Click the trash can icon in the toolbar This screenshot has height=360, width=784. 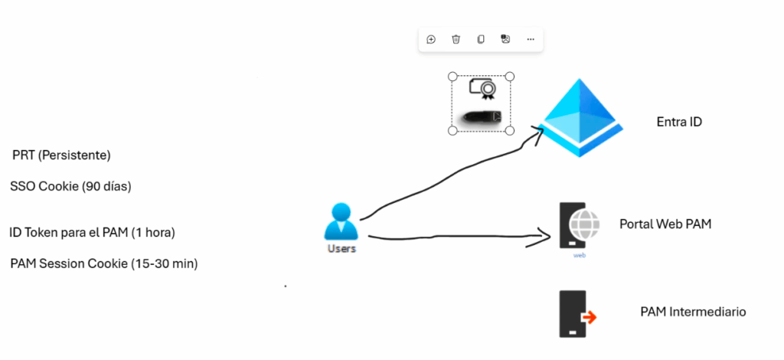pyautogui.click(x=456, y=40)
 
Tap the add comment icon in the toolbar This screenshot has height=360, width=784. pyautogui.click(x=431, y=40)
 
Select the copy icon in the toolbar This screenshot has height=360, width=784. pyautogui.click(x=481, y=40)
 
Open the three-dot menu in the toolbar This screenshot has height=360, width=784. pyautogui.click(x=530, y=40)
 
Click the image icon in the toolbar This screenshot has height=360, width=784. pyautogui.click(x=505, y=40)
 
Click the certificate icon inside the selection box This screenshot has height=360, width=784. pyautogui.click(x=482, y=90)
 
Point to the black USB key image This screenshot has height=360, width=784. pyautogui.click(x=481, y=117)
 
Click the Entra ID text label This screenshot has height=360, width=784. pyautogui.click(x=679, y=122)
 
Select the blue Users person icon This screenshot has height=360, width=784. pyautogui.click(x=341, y=222)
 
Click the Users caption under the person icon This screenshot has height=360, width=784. pyautogui.click(x=341, y=249)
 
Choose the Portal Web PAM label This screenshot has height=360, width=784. pyautogui.click(x=666, y=224)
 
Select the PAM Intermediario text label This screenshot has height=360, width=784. pyautogui.click(x=692, y=312)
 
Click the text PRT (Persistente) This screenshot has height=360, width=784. pyautogui.click(x=61, y=155)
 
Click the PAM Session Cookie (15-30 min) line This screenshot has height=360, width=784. pyautogui.click(x=104, y=263)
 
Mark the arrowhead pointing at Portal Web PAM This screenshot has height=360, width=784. pyautogui.click(x=547, y=236)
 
